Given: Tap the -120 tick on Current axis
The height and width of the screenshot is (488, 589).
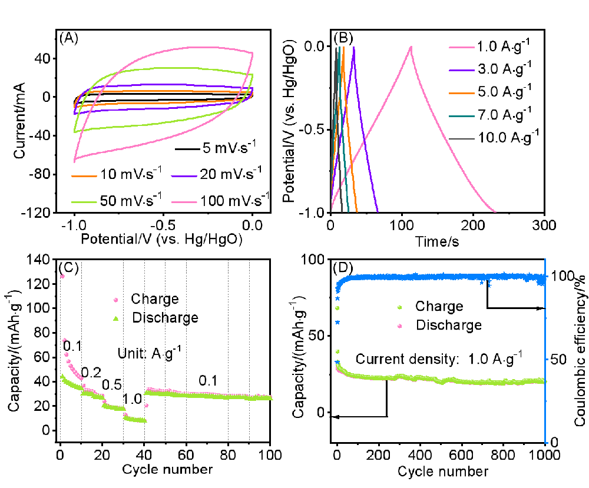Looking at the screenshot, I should [43, 213].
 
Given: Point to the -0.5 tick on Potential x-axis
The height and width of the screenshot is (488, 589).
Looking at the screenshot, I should [162, 225].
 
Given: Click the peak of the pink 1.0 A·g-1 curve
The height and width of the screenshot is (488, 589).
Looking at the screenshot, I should [411, 47].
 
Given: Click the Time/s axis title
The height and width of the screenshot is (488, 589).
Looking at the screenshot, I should [436, 240].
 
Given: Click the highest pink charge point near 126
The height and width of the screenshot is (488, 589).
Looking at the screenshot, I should [62, 276].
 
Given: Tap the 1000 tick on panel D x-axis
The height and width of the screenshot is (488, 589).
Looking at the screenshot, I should [543, 454].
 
